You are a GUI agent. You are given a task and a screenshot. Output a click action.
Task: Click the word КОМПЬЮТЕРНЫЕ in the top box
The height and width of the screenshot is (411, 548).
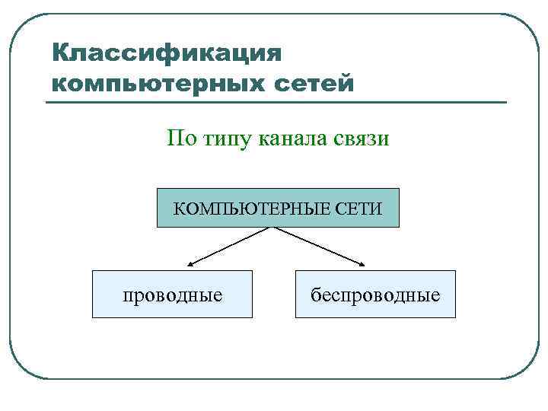pyautogui.click(x=248, y=208)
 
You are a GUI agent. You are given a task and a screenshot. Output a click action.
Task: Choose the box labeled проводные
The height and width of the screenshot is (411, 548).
pyautogui.click(x=172, y=294)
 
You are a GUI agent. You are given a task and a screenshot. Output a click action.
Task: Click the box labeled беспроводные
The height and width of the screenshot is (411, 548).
pyautogui.click(x=375, y=294)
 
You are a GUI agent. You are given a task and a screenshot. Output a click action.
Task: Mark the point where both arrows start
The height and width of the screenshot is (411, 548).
pyautogui.click(x=272, y=228)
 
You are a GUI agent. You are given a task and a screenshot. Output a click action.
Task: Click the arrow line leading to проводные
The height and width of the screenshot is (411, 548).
pyautogui.click(x=231, y=246)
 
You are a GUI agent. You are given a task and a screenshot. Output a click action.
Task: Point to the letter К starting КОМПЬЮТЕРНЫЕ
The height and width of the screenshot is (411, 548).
pyautogui.click(x=180, y=208)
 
